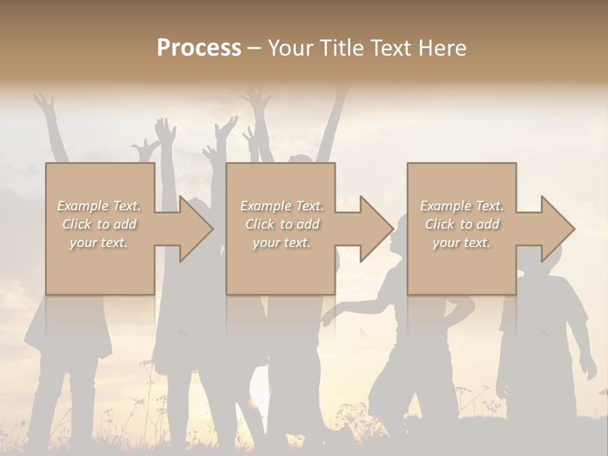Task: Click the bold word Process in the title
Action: (199, 48)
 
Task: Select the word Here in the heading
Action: (443, 48)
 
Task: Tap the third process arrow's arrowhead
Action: (557, 229)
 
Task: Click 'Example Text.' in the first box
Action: (99, 206)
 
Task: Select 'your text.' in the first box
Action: (99, 243)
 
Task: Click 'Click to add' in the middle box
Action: (282, 224)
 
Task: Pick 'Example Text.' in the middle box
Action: (282, 206)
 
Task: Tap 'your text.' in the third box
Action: (462, 243)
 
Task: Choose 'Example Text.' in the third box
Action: (462, 206)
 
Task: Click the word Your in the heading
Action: (289, 48)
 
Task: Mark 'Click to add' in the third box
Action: (462, 224)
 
